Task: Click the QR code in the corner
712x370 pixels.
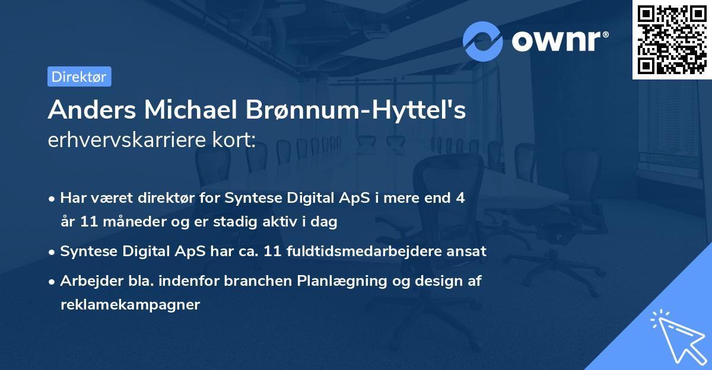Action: click(672, 40)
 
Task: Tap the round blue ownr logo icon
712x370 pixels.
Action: click(483, 41)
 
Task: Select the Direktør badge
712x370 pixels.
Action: click(79, 76)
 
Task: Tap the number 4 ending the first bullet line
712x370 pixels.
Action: click(460, 198)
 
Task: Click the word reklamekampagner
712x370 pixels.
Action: click(130, 305)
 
